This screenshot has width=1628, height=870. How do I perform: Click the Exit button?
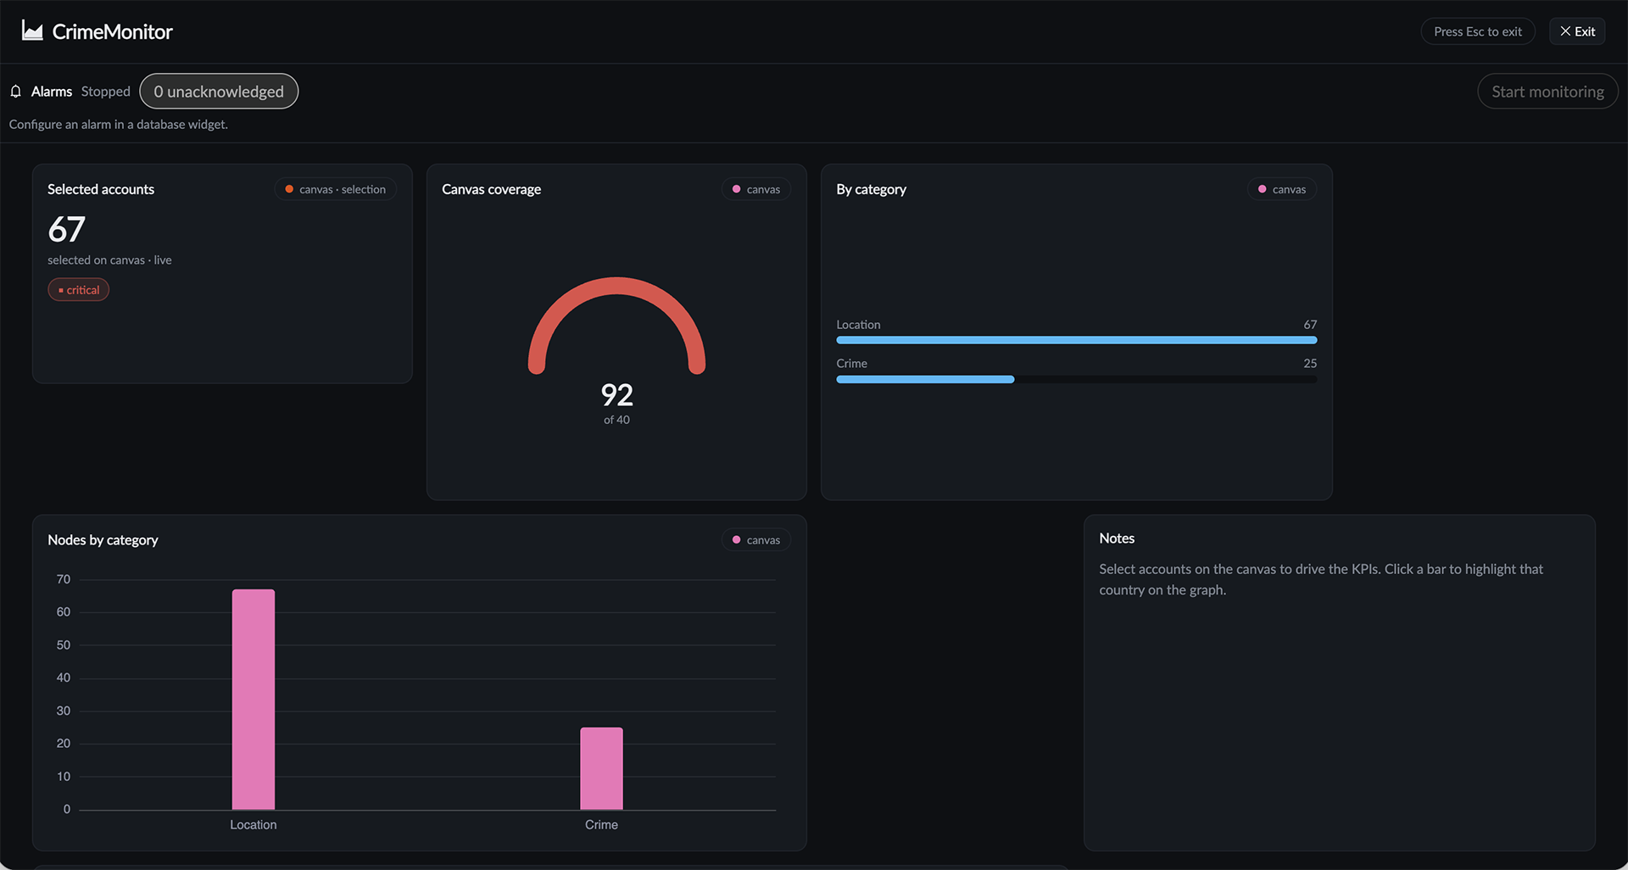point(1577,31)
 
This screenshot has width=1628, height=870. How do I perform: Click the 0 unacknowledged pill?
point(219,92)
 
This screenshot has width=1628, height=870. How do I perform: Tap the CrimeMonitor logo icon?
point(32,31)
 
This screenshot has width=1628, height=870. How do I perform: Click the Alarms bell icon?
point(16,92)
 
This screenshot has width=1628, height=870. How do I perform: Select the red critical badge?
point(79,290)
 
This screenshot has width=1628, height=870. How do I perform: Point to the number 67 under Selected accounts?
point(66,229)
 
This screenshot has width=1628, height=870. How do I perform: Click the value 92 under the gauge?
point(616,395)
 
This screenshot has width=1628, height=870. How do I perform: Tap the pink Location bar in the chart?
point(254,700)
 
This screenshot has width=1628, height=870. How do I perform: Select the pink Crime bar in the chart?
point(601,768)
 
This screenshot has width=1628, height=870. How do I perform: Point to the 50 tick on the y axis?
point(64,645)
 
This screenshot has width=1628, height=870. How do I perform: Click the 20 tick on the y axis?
point(64,744)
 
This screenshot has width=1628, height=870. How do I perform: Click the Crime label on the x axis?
point(601,825)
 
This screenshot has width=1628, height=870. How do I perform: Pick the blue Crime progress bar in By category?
point(925,380)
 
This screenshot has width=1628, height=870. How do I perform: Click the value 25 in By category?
point(1310,364)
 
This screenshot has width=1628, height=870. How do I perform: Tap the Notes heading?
point(1117,538)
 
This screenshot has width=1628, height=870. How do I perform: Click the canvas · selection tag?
point(335,189)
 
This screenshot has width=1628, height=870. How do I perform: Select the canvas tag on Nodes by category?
point(755,540)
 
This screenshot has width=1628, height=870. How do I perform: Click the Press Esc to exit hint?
point(1478,31)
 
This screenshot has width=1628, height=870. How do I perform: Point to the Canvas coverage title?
point(491,189)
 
